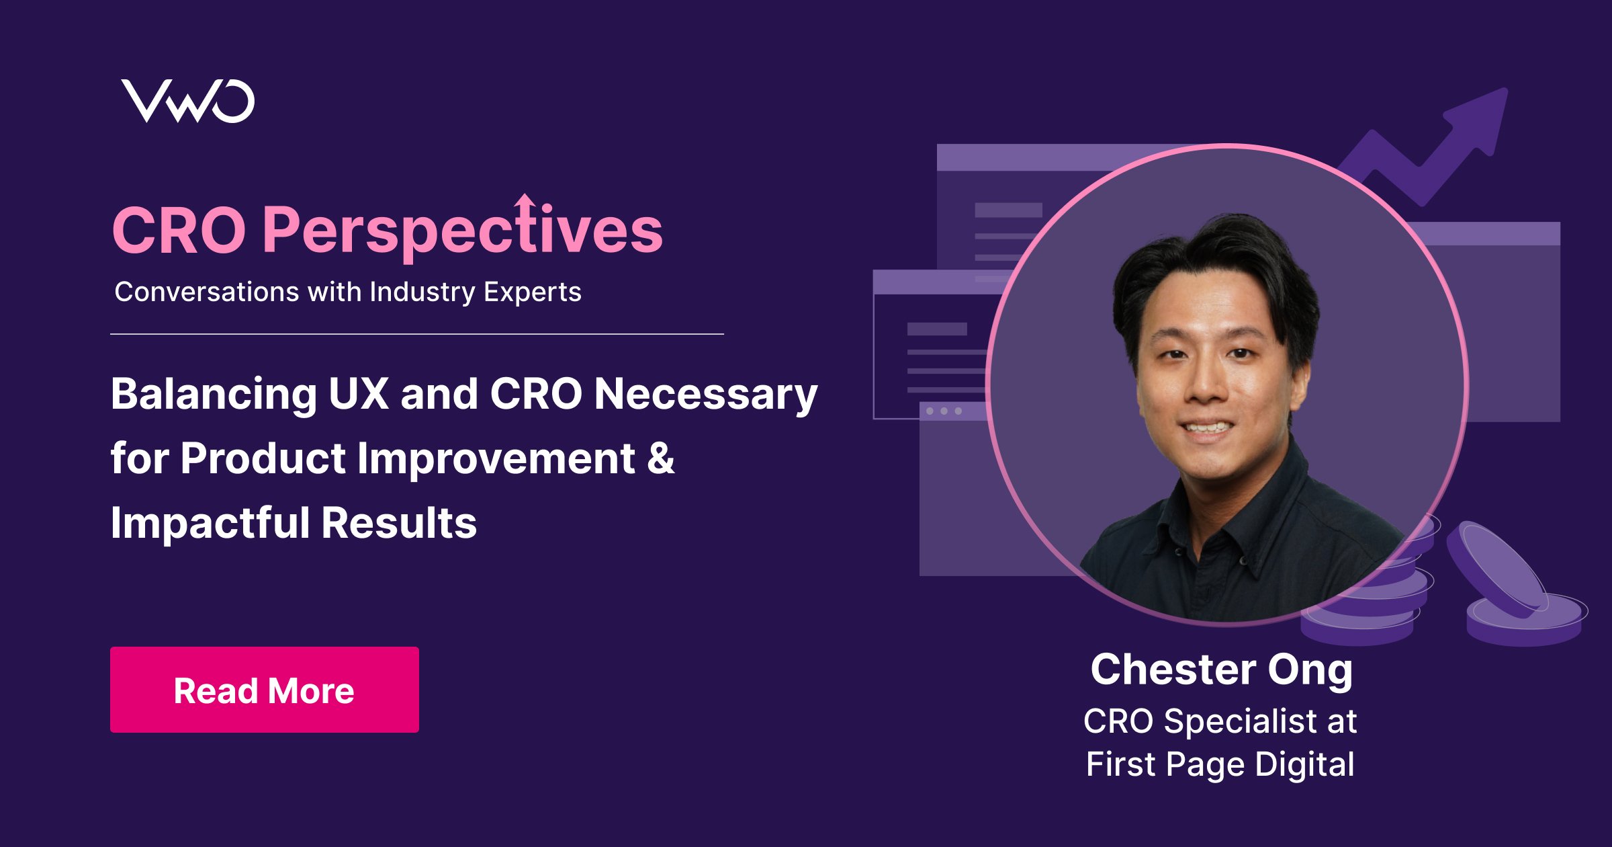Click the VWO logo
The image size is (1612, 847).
(187, 102)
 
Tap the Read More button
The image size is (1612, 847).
(264, 690)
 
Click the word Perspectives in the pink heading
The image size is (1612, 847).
(462, 231)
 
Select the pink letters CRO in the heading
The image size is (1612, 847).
(179, 231)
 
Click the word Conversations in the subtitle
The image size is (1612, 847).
(206, 292)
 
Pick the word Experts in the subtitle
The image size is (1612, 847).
(532, 292)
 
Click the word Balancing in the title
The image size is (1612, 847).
(214, 394)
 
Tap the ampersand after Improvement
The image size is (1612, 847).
(661, 458)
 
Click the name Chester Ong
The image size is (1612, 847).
(1221, 670)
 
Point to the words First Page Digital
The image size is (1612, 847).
(1220, 764)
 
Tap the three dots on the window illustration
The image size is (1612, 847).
(944, 411)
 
